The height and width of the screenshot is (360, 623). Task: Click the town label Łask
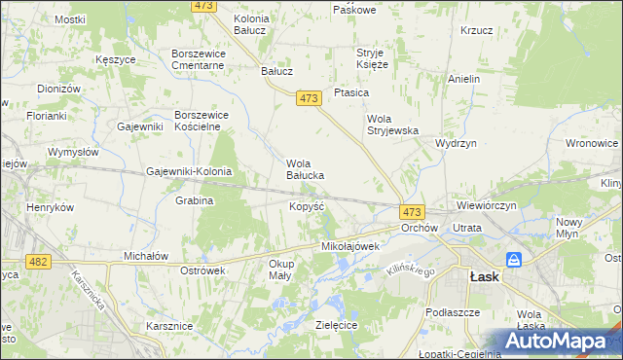point(485,275)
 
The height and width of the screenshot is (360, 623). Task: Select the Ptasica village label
point(350,92)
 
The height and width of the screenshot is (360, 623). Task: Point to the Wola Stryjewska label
point(391,125)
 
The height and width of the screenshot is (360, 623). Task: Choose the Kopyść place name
point(307,206)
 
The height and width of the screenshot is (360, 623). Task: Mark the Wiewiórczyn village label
point(484,206)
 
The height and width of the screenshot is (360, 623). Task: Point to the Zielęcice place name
point(337,324)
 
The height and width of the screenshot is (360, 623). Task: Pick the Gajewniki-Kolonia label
point(189,171)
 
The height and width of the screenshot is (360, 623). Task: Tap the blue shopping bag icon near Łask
point(514,260)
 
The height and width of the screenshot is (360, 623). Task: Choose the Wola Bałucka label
point(304,169)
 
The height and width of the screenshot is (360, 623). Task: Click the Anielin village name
point(464,79)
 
